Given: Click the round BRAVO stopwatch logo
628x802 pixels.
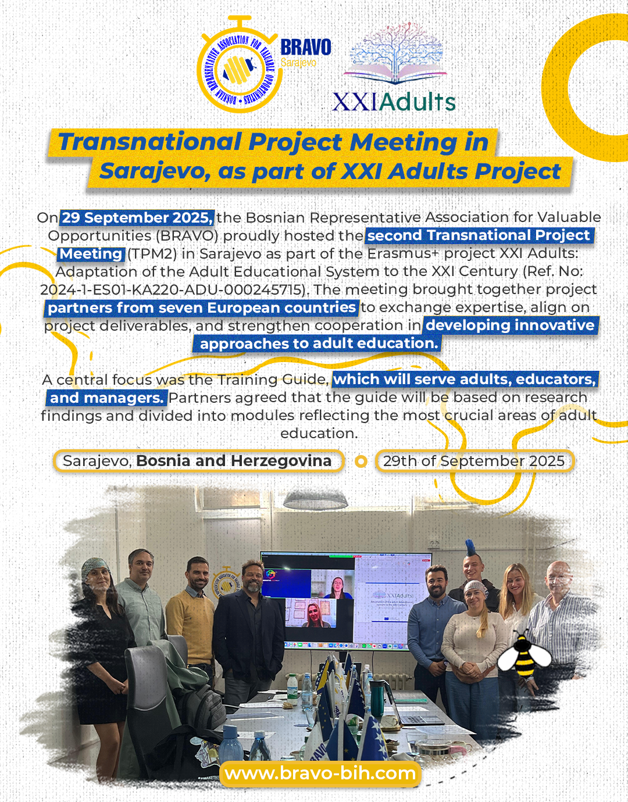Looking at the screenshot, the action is tap(237, 65).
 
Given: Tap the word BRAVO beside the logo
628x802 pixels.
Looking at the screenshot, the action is tap(306, 48).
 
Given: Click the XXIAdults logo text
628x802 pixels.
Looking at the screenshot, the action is tap(394, 102).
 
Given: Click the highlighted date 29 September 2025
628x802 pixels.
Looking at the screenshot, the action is tap(137, 218).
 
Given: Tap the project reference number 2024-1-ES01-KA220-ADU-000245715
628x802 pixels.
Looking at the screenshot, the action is tap(173, 290).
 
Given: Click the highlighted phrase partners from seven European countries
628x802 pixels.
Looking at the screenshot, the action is tap(202, 308).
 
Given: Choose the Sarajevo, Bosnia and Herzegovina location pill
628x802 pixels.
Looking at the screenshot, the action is tap(198, 461).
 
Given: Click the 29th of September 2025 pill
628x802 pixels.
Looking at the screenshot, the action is tap(474, 461).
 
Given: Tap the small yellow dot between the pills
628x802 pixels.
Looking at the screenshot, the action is tap(361, 461).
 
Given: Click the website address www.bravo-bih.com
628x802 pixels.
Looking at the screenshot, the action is tap(320, 773).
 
